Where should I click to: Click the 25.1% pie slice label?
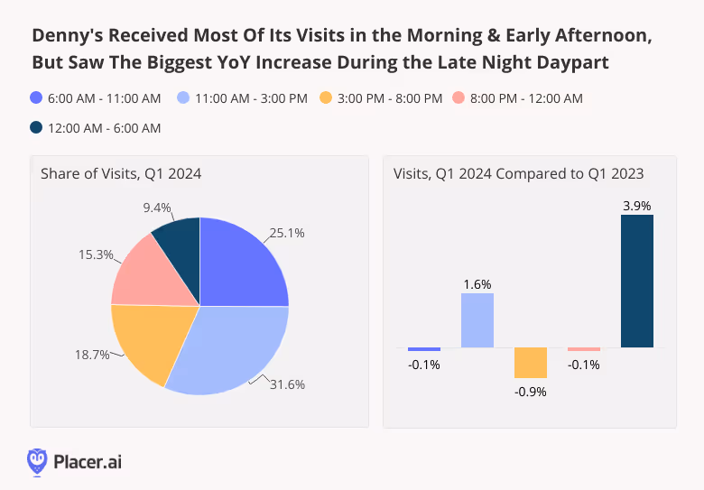tap(286, 233)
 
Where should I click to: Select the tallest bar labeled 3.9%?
tap(637, 281)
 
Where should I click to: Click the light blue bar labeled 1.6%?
tap(477, 320)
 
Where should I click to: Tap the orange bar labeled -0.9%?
tap(531, 363)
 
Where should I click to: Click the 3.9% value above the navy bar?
tap(637, 205)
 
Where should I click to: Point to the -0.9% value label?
tap(531, 391)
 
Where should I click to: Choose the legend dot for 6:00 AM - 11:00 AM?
tap(36, 97)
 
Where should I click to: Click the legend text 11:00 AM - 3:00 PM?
tap(249, 97)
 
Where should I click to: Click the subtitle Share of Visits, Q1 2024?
tap(120, 173)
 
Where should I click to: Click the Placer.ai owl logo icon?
tap(37, 461)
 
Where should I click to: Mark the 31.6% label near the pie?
tap(287, 384)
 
